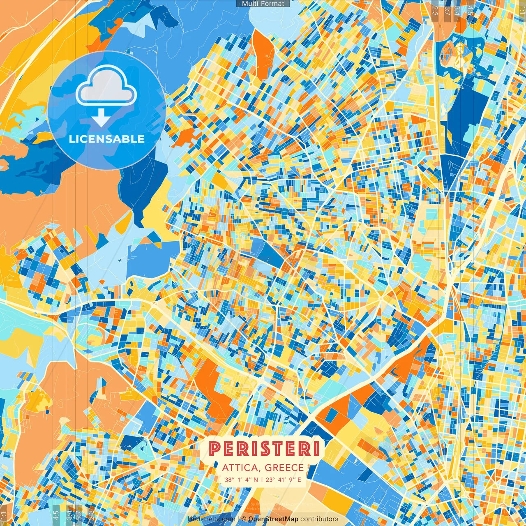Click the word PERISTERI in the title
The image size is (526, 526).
pos(264,448)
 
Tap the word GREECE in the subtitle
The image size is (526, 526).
pos(284,468)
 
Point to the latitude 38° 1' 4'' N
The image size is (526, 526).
pos(242,479)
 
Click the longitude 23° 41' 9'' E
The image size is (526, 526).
pos(284,479)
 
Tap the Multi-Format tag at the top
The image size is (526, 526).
pos(263,4)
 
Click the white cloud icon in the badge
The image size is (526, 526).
pos(106,87)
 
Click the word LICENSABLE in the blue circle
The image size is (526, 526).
pos(107,139)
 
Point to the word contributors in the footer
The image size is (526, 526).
pos(319,519)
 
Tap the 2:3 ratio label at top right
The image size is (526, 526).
pos(435,11)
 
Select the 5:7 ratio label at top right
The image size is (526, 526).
pos(447,11)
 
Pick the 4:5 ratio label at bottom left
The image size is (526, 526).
pos(56,514)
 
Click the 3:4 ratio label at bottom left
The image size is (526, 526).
pos(69,514)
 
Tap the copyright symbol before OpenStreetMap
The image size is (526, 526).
pos(243,519)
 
